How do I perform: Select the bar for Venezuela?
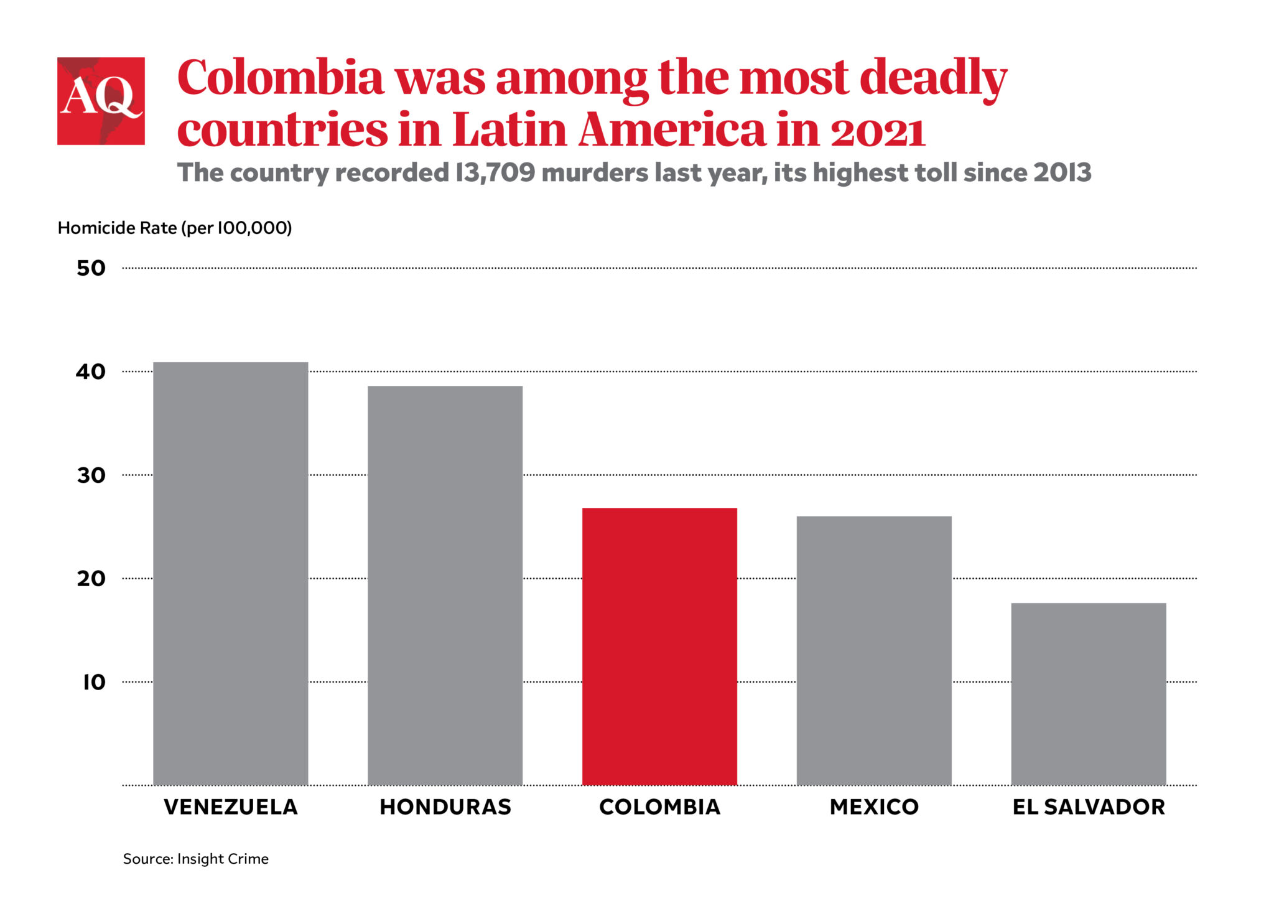coord(231,573)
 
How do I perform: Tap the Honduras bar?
coord(445,585)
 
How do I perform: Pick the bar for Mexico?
coord(874,650)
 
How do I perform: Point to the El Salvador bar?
coord(1088,693)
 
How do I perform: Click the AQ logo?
coord(101,101)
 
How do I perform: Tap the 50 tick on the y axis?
coord(91,268)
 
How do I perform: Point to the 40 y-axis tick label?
coord(91,372)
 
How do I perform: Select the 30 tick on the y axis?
coord(91,475)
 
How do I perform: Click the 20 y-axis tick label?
coord(91,579)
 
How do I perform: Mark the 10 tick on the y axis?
coord(93,682)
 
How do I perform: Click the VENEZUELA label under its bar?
coord(231,806)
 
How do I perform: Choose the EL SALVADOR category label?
coord(1088,806)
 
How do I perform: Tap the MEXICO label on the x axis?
coord(874,806)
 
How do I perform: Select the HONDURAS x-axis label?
coord(445,806)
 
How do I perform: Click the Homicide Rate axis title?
coord(174,228)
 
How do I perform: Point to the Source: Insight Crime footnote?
coord(195,859)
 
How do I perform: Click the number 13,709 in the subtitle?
coord(495,172)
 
